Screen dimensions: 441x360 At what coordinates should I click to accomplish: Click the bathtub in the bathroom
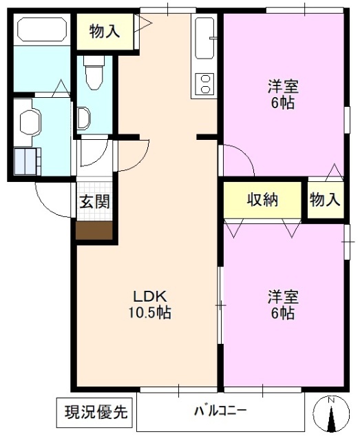pos(41,31)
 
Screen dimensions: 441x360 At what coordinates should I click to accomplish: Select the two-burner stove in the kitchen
pos(206,85)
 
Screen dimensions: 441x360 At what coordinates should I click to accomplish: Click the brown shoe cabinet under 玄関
pos(94,230)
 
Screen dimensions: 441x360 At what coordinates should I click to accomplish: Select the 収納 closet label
pos(262,200)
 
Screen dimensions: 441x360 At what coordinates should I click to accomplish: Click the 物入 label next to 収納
pos(325,200)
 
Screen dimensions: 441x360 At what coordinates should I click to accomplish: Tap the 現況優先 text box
pos(96,413)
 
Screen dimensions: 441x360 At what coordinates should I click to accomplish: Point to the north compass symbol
pos(331,416)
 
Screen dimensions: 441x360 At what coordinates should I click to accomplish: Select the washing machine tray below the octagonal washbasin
pos(28,160)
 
